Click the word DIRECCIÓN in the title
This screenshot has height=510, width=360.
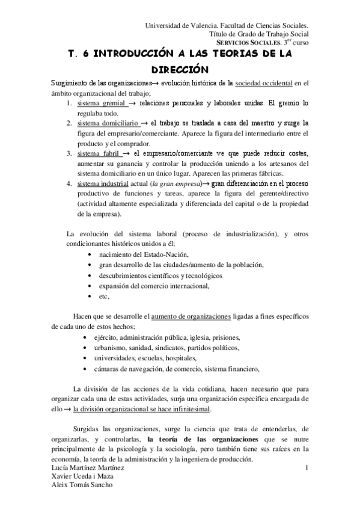(x=180, y=69)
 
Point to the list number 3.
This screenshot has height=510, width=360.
(x=70, y=153)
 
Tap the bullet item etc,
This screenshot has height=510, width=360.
(x=103, y=296)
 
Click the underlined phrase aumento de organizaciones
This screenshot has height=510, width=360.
(x=191, y=316)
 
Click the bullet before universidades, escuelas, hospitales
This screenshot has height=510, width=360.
(x=90, y=358)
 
